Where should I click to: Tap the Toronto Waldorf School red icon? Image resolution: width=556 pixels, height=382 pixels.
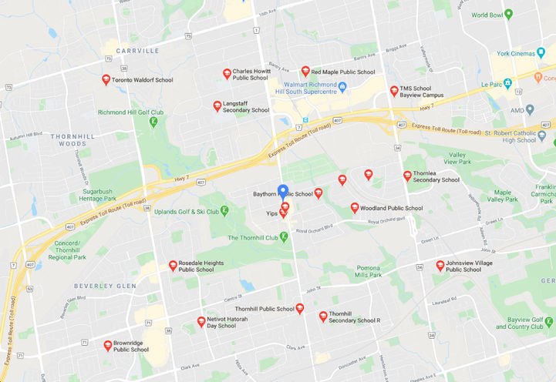coord(106,79)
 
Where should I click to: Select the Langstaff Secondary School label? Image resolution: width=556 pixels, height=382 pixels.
coord(246,106)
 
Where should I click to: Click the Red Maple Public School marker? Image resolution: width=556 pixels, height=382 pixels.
coord(305,71)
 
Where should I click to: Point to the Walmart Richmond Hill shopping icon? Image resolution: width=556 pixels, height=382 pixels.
coord(342,85)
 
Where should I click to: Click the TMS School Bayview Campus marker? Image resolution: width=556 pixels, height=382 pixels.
coord(394,90)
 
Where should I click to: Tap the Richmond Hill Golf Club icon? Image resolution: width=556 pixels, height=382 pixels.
coord(153,121)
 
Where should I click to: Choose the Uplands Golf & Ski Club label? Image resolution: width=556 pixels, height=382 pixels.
coord(187,211)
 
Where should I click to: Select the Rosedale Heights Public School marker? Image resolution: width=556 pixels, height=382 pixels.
coord(173,265)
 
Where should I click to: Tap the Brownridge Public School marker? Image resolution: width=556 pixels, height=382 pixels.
coord(108,345)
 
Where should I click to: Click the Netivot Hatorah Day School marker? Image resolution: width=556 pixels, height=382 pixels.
coord(201,321)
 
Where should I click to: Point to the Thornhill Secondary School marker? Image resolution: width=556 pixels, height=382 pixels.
coord(323,316)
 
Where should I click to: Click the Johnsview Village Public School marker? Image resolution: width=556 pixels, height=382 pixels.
coord(440,265)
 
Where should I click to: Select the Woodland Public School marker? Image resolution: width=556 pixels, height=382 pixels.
coord(355,207)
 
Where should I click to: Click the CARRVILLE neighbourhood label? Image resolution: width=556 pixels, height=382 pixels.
coord(136,51)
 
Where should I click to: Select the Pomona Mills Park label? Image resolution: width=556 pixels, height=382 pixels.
coord(369,271)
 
